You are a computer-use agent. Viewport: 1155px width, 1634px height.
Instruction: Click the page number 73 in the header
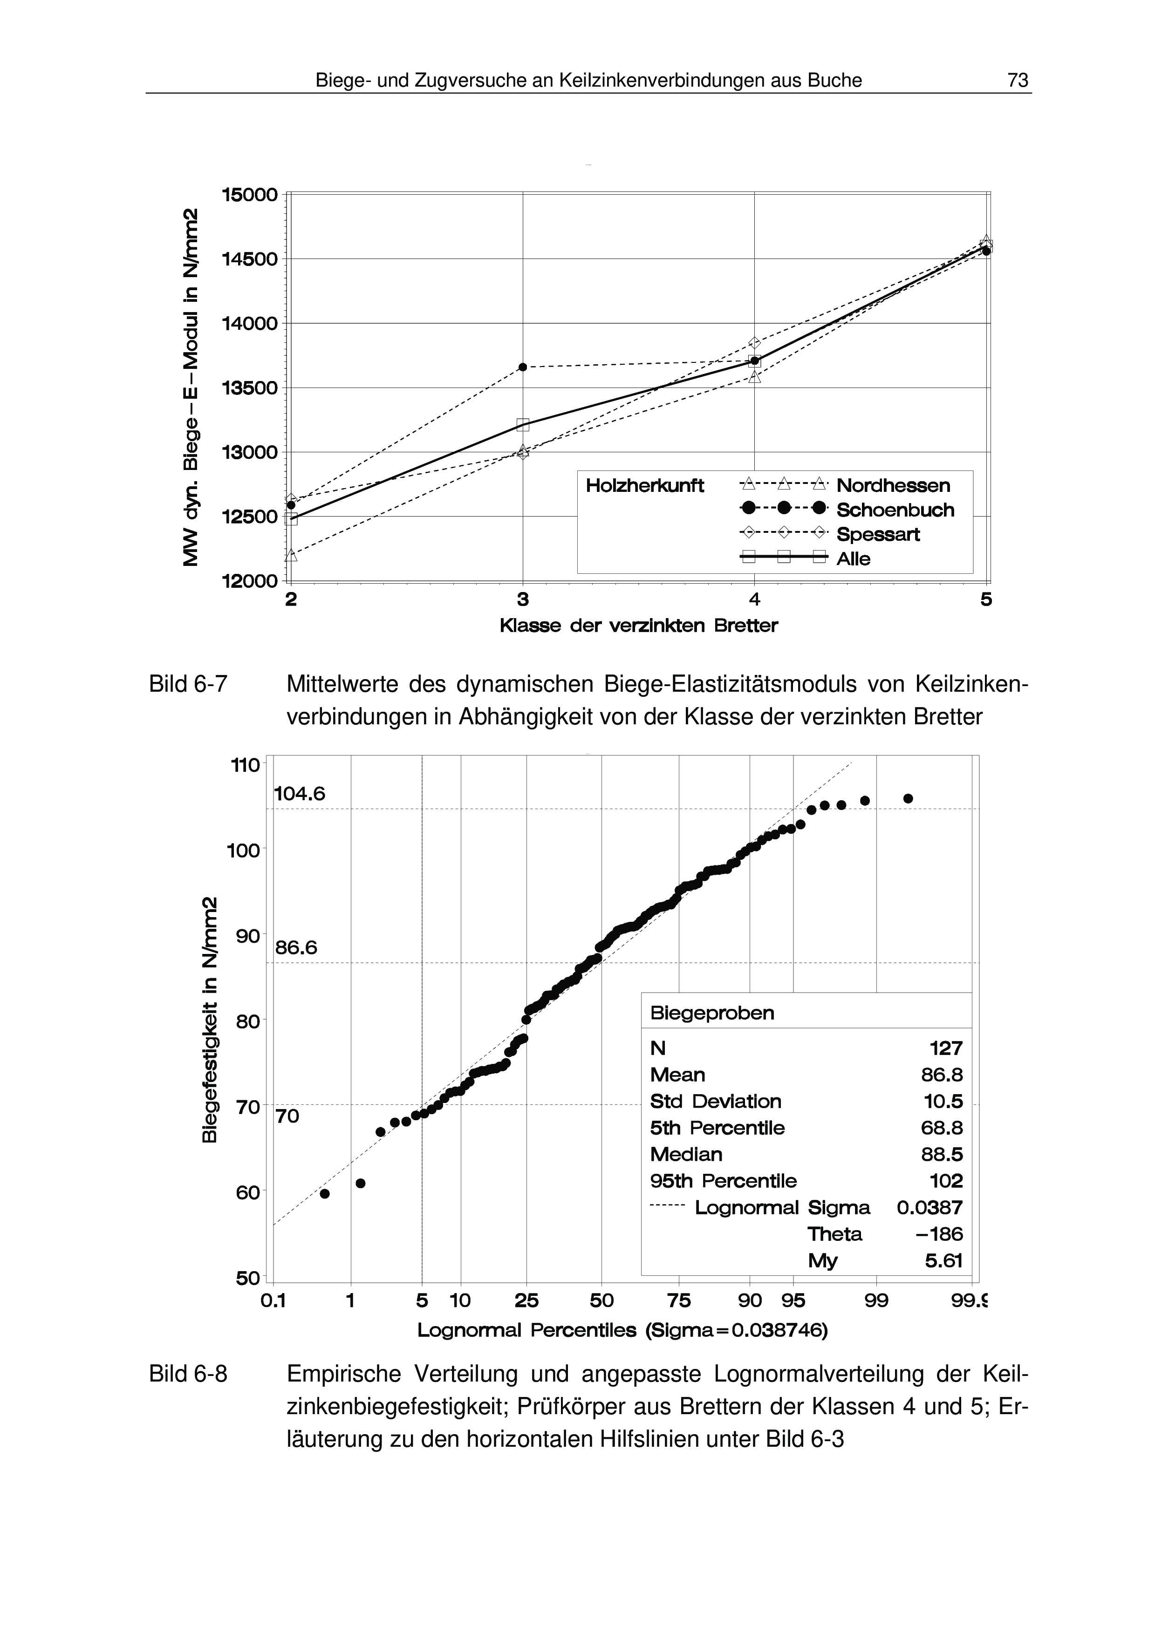(x=1018, y=81)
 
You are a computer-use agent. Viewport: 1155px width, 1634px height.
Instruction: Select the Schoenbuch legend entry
(x=895, y=510)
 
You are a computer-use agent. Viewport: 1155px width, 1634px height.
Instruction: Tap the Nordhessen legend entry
(x=892, y=485)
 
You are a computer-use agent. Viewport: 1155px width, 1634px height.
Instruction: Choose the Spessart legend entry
(x=877, y=534)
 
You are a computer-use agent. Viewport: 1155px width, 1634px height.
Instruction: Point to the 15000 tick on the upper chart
(x=249, y=194)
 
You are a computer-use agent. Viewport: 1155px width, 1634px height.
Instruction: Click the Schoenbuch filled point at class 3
(x=523, y=367)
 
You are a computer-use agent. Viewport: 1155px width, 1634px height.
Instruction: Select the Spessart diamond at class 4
(x=754, y=343)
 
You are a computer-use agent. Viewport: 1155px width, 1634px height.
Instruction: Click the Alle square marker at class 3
(x=523, y=425)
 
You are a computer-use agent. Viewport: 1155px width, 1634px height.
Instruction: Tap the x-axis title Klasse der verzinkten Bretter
(x=638, y=626)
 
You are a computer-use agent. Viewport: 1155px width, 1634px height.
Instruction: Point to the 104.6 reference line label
(x=300, y=794)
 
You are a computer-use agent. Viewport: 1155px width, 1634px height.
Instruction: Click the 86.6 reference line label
(x=296, y=948)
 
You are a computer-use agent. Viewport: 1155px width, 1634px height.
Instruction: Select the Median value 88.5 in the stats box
(x=942, y=1154)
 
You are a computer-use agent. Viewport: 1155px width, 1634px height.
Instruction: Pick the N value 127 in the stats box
(x=946, y=1048)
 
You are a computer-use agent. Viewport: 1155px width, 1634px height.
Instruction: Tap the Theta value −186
(x=939, y=1234)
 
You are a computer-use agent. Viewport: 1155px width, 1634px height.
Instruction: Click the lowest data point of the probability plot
(x=325, y=1193)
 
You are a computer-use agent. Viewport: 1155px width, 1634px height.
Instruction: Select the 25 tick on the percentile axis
(x=526, y=1301)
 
